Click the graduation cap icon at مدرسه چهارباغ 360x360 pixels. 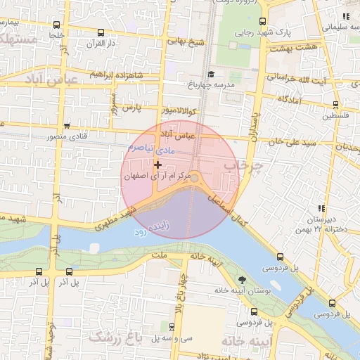pos(211,74)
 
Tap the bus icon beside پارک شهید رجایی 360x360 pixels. pos(262,22)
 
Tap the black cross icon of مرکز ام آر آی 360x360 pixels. pos(157,165)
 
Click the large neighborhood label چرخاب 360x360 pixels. pos(242,165)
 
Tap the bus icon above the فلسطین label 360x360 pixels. pos(335,105)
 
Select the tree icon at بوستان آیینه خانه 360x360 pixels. pos(243,280)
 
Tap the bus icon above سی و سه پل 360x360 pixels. pos(172,326)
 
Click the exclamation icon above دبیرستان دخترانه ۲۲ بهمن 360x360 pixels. pos(321,208)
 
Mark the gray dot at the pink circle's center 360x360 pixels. pos(195,178)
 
